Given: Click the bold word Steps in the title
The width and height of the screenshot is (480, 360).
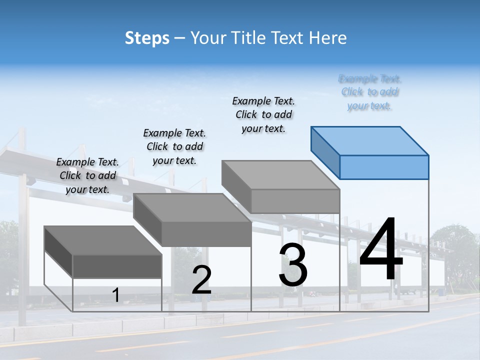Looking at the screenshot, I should (x=147, y=38).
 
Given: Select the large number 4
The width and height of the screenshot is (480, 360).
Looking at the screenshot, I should (x=381, y=250).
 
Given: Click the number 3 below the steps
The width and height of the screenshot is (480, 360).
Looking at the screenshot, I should (x=293, y=265).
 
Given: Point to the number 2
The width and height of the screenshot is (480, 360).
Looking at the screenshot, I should (x=201, y=280).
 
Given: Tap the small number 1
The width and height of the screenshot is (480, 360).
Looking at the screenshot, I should (x=116, y=295).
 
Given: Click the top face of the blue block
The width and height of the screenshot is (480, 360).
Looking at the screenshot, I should (x=370, y=140).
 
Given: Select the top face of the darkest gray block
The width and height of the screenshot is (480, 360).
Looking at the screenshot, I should (x=103, y=240).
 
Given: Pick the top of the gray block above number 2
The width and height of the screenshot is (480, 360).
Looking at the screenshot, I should (x=192, y=208).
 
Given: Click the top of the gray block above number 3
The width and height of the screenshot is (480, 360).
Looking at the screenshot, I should (x=280, y=175).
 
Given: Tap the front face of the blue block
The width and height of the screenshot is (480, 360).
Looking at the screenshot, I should (x=384, y=167).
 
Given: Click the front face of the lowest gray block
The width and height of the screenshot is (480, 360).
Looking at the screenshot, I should (x=117, y=266).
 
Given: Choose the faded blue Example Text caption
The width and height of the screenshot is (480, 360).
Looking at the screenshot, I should (x=369, y=92).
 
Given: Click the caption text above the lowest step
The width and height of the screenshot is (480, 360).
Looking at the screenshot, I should (x=87, y=175).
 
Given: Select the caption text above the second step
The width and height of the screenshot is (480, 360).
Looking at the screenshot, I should (x=174, y=146).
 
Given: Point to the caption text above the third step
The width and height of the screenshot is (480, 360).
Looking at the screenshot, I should (x=263, y=114).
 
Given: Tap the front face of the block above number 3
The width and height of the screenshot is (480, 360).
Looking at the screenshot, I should (x=295, y=201).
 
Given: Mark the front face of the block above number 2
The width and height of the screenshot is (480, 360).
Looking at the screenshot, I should (x=206, y=234).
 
